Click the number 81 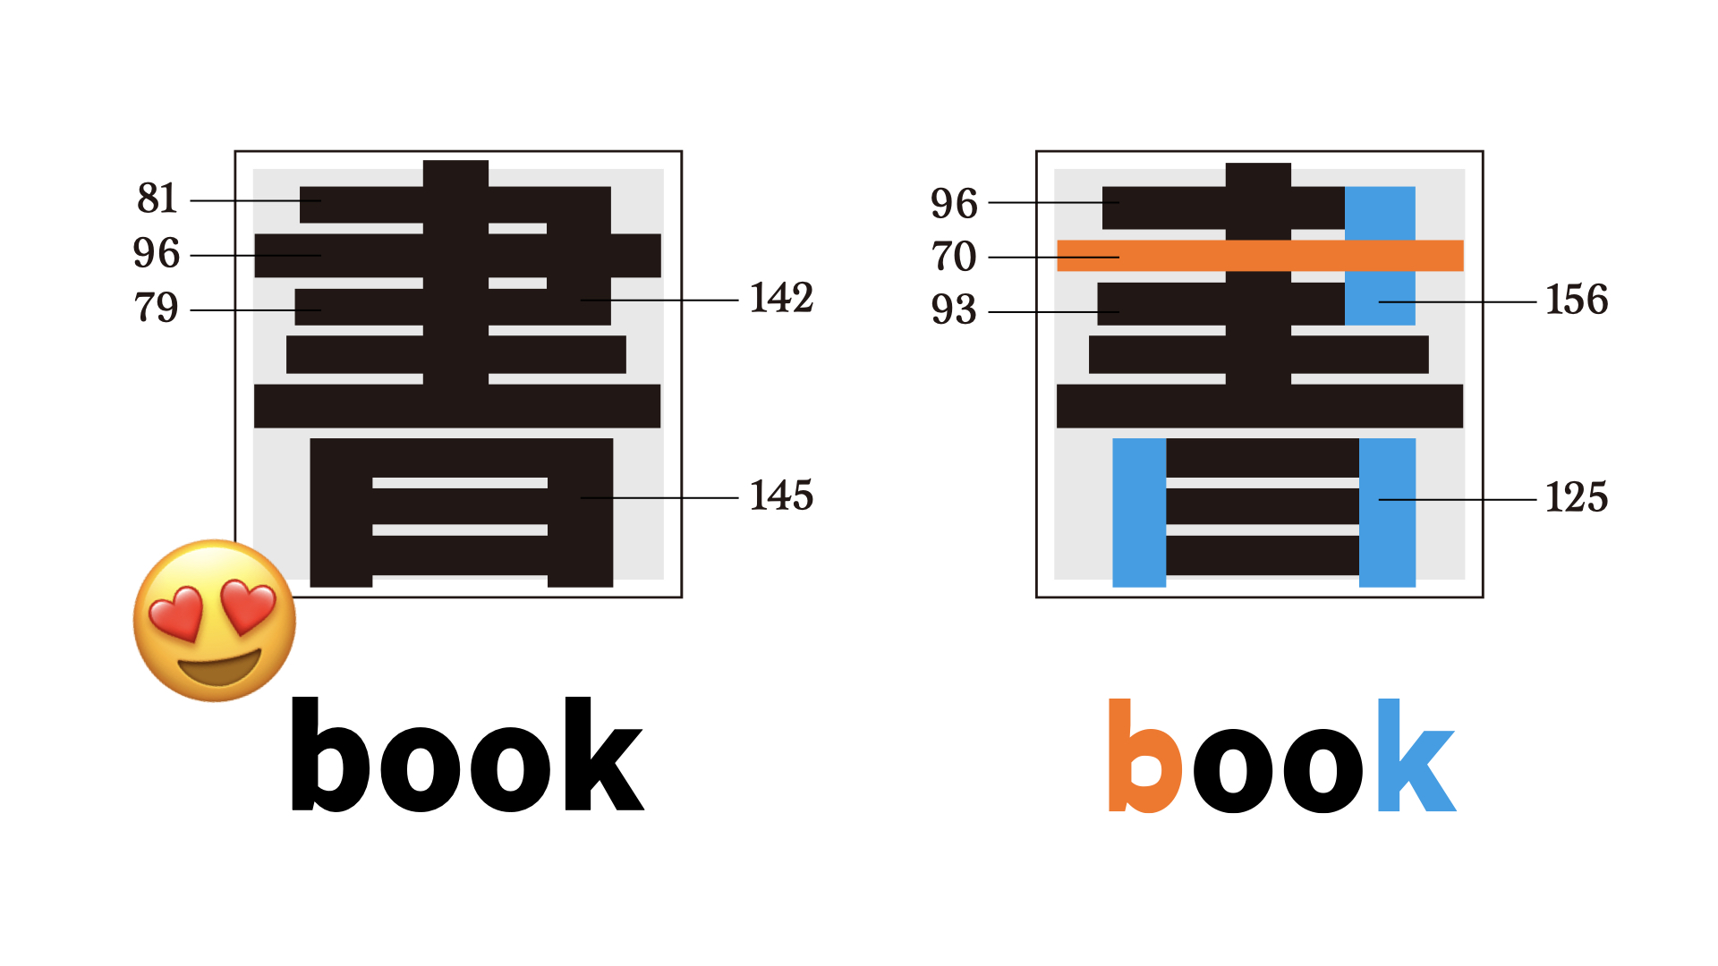[157, 199]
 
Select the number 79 [157, 308]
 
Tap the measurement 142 [781, 298]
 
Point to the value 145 [781, 496]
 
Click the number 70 [954, 257]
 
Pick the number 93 [954, 309]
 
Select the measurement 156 [1577, 300]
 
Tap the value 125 [1577, 497]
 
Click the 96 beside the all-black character [157, 253]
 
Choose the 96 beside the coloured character [954, 204]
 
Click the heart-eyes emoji [215, 620]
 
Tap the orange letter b [1145, 756]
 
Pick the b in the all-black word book [330, 754]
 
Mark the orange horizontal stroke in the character [1260, 256]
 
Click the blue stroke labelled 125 [1387, 513]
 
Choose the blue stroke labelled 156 [1380, 256]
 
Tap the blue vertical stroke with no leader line [1139, 513]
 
